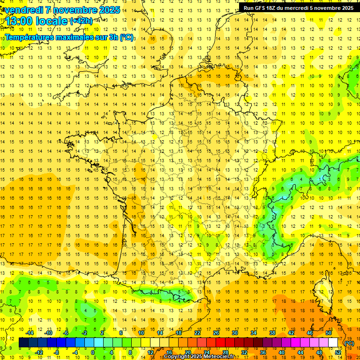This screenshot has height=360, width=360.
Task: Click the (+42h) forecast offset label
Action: pos(82,21)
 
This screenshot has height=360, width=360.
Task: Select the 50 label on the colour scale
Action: pos(328,333)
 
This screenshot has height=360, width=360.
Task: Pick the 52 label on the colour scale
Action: pos(338,352)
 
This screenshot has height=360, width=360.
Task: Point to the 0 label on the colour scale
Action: pos(93,352)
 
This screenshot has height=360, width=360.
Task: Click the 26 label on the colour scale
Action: pos(216,333)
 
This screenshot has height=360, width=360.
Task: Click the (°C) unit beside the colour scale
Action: pos(349,343)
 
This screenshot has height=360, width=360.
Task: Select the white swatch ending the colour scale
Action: pos(333,343)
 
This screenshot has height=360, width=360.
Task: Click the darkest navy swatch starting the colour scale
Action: pos(23,343)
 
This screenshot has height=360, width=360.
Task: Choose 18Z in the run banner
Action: pos(272,7)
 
